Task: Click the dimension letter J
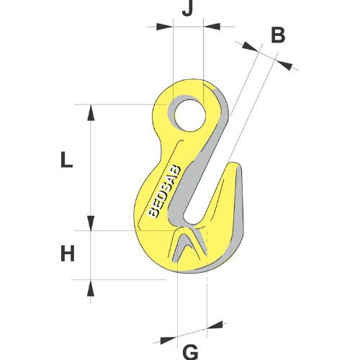pos(187,9)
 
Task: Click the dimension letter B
pos(278,35)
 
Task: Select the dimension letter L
pos(67,160)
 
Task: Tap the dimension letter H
pos(68,254)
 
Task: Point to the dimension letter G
pos(191,353)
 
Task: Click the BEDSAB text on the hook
pos(164,192)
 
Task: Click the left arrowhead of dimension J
pos(164,27)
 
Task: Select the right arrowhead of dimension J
pos(212,27)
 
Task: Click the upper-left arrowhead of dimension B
pos(251,46)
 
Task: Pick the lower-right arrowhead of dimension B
pos(284,65)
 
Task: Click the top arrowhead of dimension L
pos(91,113)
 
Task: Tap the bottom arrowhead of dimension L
pos(91,223)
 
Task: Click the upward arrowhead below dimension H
pos(91,287)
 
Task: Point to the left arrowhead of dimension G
pos(168,340)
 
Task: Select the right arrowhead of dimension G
pos(215,324)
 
